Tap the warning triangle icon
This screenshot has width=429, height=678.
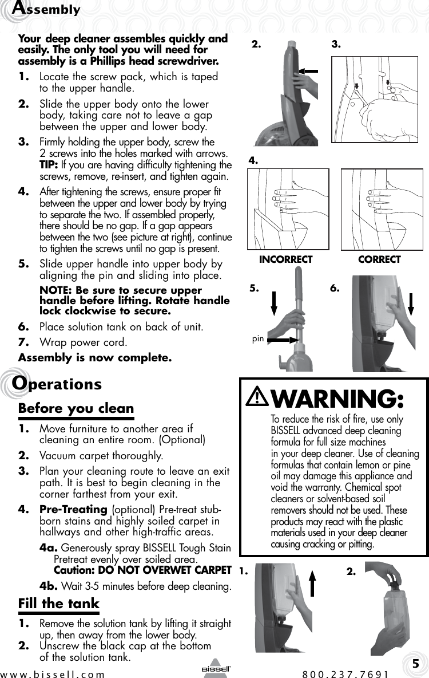[257, 397]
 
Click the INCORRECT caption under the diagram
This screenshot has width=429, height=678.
[285, 259]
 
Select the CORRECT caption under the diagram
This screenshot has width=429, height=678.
[379, 259]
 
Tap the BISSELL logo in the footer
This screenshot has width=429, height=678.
[215, 669]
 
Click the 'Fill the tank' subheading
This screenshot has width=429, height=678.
[59, 604]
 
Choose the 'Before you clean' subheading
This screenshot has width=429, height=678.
[76, 409]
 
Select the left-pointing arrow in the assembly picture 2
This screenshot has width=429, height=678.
[312, 70]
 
